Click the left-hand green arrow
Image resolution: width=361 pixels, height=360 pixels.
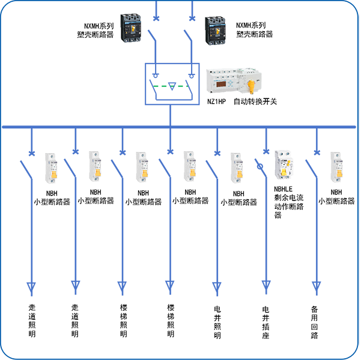point(161,86)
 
